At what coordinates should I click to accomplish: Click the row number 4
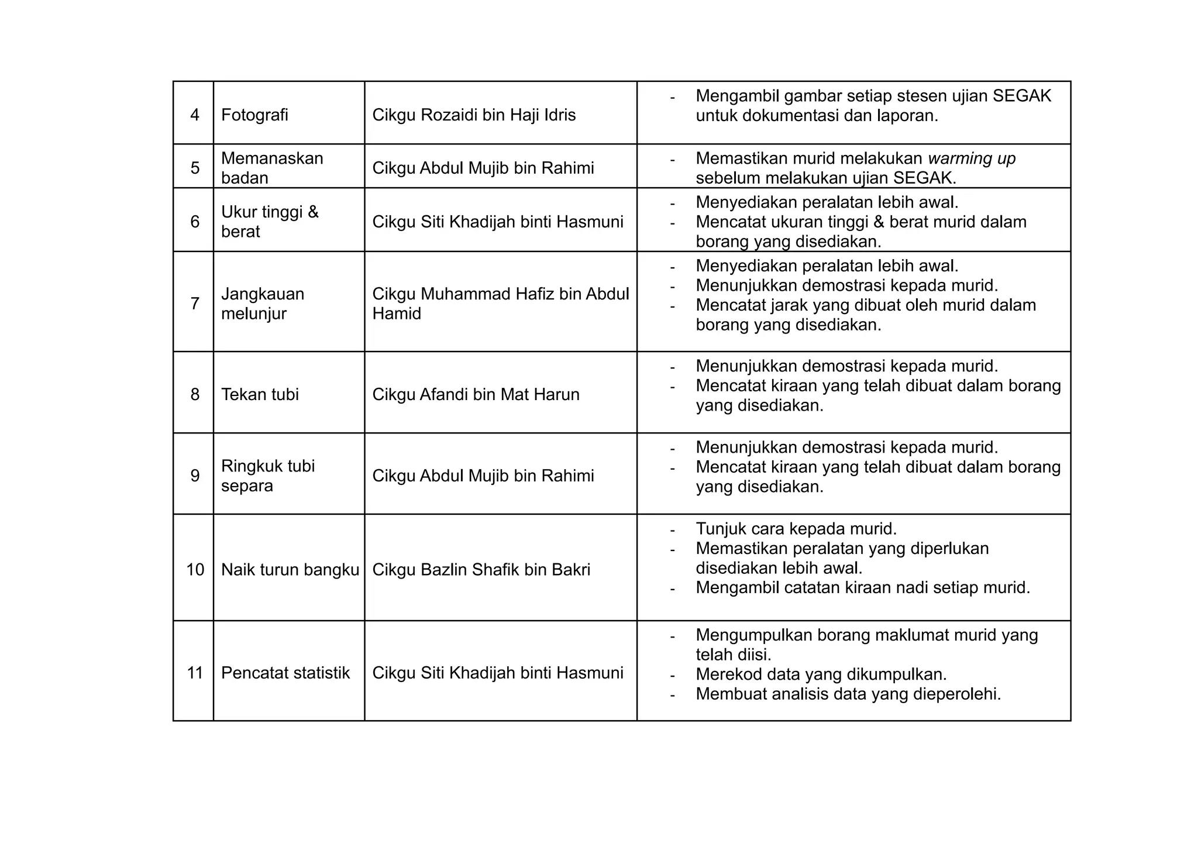tap(195, 115)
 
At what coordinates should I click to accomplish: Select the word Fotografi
tap(254, 115)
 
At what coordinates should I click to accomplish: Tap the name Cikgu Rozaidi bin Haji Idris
tap(474, 115)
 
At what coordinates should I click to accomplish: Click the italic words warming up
tap(972, 159)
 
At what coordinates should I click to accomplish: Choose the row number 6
tap(195, 222)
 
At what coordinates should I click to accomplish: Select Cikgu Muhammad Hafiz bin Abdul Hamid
tap(500, 304)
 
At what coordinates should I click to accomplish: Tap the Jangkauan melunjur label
tap(263, 304)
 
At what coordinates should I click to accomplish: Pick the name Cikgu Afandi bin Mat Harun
tap(476, 394)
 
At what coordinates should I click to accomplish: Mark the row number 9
tap(195, 476)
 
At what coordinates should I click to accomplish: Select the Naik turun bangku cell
tap(290, 570)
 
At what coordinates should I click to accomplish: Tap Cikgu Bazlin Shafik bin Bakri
tap(481, 570)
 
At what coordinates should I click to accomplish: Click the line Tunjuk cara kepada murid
tap(796, 529)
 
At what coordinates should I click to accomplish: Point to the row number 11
tap(195, 673)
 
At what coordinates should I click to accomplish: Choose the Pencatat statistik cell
tap(285, 673)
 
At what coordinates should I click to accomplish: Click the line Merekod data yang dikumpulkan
tap(821, 674)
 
